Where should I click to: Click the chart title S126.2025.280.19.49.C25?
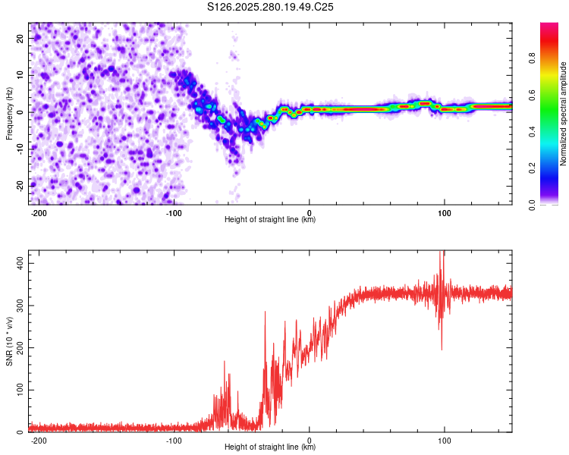click(x=271, y=7)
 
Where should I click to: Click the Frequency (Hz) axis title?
click(x=9, y=113)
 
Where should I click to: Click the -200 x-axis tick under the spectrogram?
click(x=39, y=212)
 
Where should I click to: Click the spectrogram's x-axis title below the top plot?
click(x=270, y=220)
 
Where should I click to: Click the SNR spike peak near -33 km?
click(x=265, y=312)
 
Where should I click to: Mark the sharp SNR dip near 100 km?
click(x=442, y=350)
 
